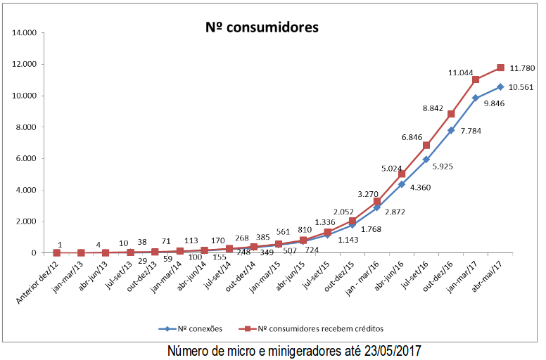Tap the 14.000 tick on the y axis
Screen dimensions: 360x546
(x=22, y=33)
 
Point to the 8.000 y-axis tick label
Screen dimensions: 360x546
(x=24, y=127)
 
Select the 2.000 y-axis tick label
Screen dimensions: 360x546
(x=24, y=221)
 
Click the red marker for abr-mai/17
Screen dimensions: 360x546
(x=500, y=67)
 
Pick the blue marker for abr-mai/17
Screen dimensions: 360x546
(x=500, y=86)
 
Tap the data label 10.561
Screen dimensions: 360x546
(x=521, y=88)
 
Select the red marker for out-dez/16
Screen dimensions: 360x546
(x=451, y=114)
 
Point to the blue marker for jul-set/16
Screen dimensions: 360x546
(x=426, y=160)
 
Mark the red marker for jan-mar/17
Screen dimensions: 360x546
(x=476, y=79)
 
